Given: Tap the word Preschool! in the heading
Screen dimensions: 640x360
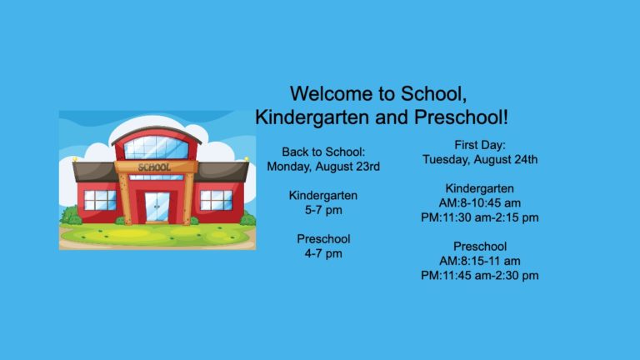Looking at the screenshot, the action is coord(461,117).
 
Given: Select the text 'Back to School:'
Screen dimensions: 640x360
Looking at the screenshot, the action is coord(323,152).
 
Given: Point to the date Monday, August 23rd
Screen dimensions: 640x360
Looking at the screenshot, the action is coord(323,167).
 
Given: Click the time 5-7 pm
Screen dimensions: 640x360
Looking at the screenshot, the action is coord(323,210).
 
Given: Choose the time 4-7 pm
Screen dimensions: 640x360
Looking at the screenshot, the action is coord(323,253).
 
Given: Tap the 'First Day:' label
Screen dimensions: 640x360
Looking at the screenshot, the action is coord(480,145).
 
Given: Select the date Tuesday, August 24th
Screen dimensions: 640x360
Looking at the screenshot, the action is coord(480,160).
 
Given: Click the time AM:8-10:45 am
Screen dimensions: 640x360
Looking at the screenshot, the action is coord(480,202).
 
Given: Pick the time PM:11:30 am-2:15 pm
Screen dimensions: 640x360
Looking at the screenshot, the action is coord(480,217).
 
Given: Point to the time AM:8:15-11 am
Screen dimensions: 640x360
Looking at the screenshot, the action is coord(480,261).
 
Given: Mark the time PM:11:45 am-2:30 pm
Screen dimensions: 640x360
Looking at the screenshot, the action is coord(480,276).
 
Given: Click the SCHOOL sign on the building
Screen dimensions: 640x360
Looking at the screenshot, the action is coord(154,167).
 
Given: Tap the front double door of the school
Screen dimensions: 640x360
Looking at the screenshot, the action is coord(157,207).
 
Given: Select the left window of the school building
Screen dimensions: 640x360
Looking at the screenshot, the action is coord(100,200).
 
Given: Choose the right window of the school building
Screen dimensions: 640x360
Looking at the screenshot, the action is coord(216,200).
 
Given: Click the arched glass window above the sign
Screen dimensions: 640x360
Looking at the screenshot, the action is coord(157,147).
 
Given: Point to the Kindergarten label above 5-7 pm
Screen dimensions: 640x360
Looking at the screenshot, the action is coord(323,196).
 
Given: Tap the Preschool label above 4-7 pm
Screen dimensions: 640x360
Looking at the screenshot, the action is coord(323,239).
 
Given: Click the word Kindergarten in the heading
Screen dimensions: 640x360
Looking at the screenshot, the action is coord(312,117).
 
